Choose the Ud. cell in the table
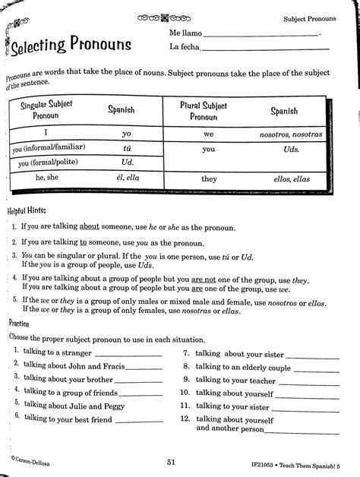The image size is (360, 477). coord(127,162)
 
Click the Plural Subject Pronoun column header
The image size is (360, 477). coord(203,112)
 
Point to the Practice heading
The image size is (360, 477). coord(21,322)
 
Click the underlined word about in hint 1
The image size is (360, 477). coord(90,227)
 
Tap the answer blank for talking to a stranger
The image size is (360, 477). coord(128,354)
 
